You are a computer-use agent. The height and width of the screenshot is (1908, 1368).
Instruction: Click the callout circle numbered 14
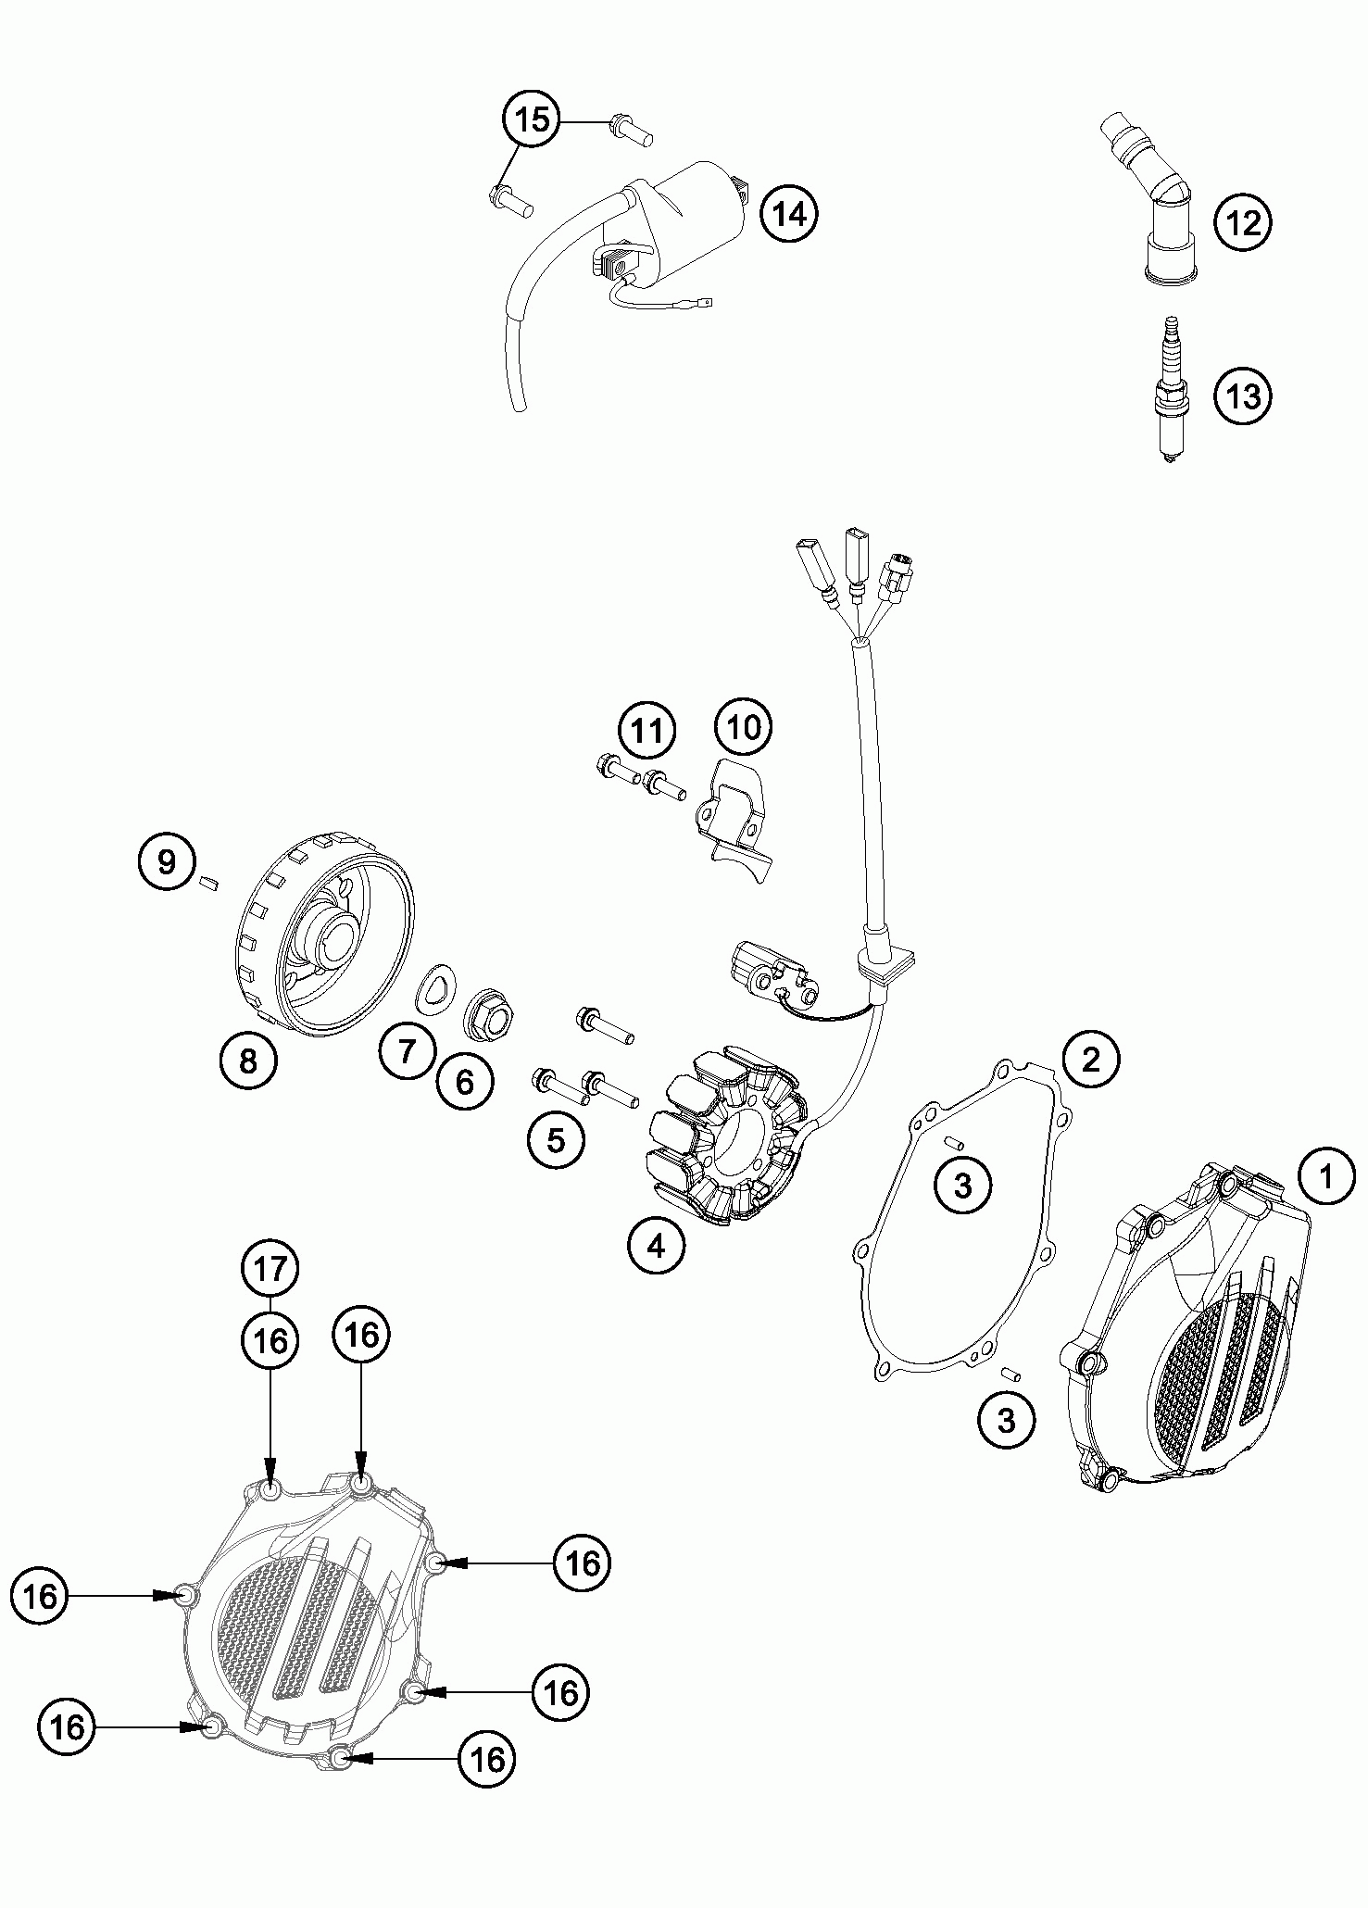coord(789,214)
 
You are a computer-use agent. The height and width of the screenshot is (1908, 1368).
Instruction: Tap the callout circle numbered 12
coord(1243,222)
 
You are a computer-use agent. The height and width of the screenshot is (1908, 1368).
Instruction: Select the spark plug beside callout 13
coord(1169,388)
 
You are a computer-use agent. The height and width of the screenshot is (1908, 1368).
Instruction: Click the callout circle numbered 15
coord(533,119)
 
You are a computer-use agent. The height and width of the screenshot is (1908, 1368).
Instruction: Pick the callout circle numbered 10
coord(744,727)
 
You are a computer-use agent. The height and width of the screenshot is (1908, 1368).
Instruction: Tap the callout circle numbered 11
coord(647,732)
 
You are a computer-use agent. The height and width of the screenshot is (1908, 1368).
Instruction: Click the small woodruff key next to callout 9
coord(207,883)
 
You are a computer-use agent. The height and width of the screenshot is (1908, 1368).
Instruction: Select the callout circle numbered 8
coord(247,1060)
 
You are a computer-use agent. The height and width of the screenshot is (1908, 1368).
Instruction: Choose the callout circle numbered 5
coord(556,1140)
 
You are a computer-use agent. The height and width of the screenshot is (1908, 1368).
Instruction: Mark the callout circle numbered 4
coord(656,1246)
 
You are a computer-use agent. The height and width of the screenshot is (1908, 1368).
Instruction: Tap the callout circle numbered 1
coord(1325,1178)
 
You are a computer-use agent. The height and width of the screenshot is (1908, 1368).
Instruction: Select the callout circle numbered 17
coord(270,1270)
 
